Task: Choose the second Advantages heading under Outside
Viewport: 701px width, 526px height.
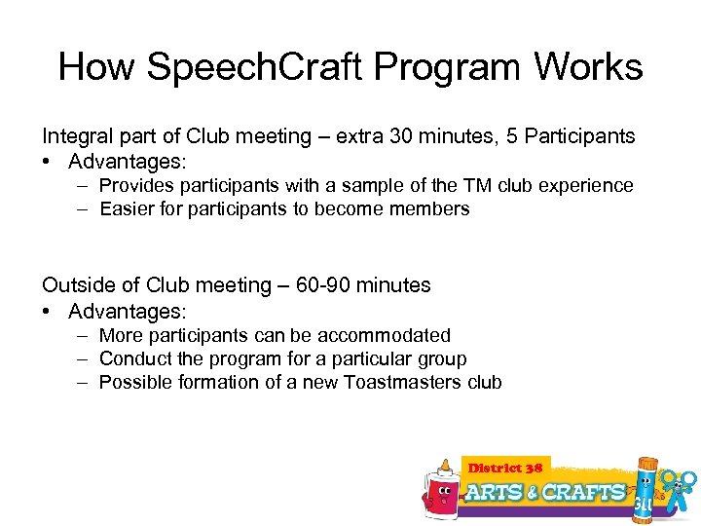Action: click(127, 311)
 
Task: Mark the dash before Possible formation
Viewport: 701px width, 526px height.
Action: click(84, 382)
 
